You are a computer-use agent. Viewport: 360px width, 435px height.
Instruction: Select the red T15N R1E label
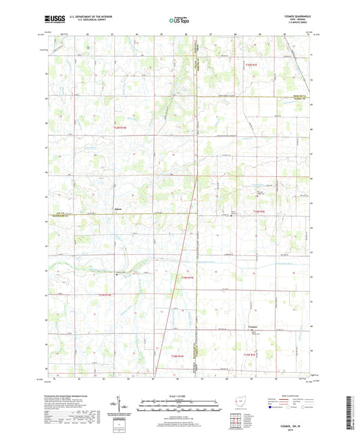click(x=252, y=64)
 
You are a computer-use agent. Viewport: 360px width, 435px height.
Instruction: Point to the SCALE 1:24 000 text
click(x=179, y=395)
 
